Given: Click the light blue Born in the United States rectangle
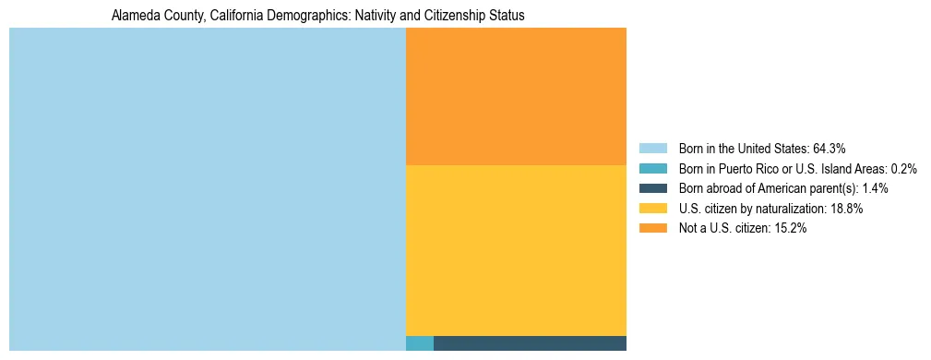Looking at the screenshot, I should pos(207,189).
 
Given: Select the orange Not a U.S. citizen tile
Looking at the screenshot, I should pos(516,96).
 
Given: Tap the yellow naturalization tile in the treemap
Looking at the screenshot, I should pos(516,250).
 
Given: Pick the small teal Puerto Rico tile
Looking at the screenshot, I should pos(420,343).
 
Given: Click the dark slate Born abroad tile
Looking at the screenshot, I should pos(530,343).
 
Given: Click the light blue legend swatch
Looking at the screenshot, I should pos(653,148).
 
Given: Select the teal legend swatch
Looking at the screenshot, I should pos(653,168).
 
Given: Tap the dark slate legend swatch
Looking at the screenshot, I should pos(653,188).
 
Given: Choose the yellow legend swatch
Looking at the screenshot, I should pos(653,209).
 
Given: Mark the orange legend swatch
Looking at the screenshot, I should pos(653,229).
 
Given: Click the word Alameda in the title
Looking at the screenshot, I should pos(132,17).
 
